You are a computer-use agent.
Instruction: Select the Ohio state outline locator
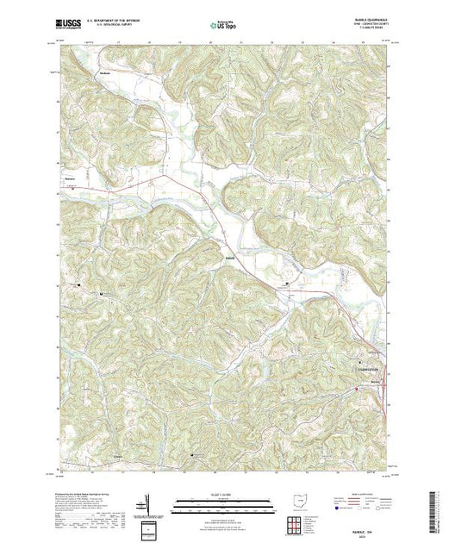(298, 500)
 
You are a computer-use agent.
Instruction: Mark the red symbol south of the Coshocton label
(357, 390)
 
